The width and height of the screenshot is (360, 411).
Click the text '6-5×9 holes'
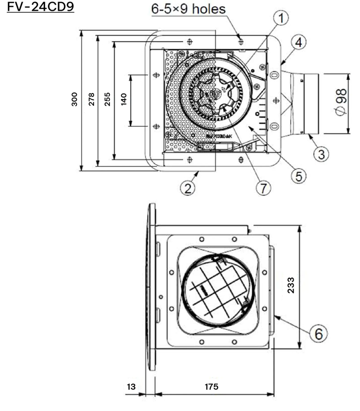[x=188, y=9]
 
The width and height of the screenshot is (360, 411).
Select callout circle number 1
[x=280, y=18]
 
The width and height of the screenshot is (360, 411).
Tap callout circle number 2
[x=189, y=188]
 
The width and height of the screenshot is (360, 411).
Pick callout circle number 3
[x=320, y=154]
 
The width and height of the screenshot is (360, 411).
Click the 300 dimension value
[x=75, y=99]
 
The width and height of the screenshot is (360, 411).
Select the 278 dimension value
[x=91, y=99]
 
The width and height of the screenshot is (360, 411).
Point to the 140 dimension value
[x=123, y=99]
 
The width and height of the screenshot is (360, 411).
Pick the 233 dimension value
[x=291, y=286]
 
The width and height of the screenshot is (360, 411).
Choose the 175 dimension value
[x=210, y=386]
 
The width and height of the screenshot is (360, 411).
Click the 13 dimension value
[x=132, y=386]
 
